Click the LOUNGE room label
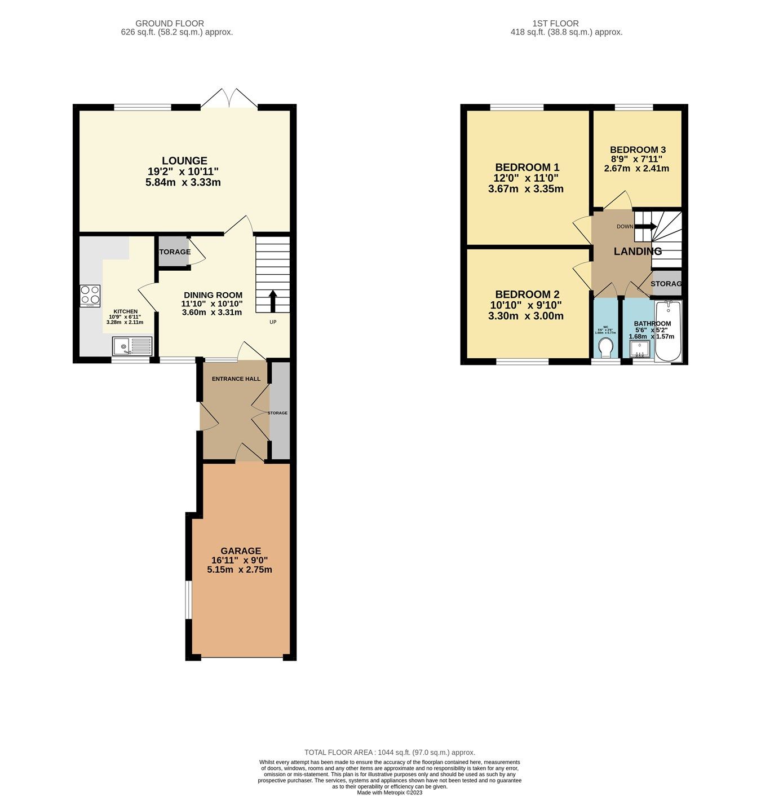click(x=184, y=161)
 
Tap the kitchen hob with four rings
click(x=90, y=295)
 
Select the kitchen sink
click(x=132, y=345)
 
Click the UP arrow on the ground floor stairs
click(x=273, y=301)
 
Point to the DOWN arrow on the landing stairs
click(x=645, y=226)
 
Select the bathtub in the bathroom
click(x=669, y=332)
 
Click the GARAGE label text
click(x=241, y=551)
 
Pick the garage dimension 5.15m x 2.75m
click(x=240, y=569)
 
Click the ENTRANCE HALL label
click(x=236, y=379)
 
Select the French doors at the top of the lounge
click(x=229, y=98)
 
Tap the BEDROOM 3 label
click(x=638, y=149)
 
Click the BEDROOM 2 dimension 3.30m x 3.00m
click(x=525, y=316)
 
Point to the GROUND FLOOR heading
click(x=170, y=23)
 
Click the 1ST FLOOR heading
click(x=555, y=23)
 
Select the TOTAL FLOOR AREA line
click(x=390, y=752)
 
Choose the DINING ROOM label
click(x=213, y=295)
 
